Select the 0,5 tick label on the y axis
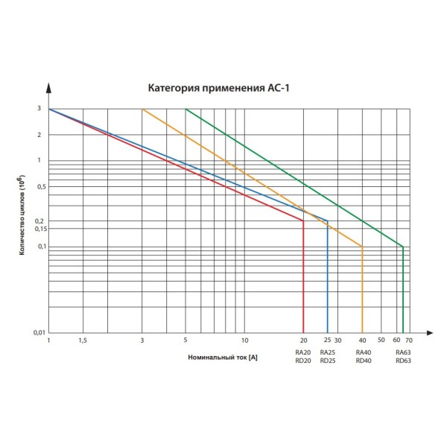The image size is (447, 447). pyautogui.click(x=39, y=186)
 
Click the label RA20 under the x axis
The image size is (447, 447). pyautogui.click(x=302, y=352)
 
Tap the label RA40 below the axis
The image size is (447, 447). pyautogui.click(x=364, y=352)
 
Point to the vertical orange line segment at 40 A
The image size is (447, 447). pyautogui.click(x=362, y=291)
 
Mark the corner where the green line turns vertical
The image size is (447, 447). pyautogui.click(x=403, y=247)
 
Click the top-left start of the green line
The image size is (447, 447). pyautogui.click(x=186, y=110)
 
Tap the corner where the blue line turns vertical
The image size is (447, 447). pyautogui.click(x=327, y=221)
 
